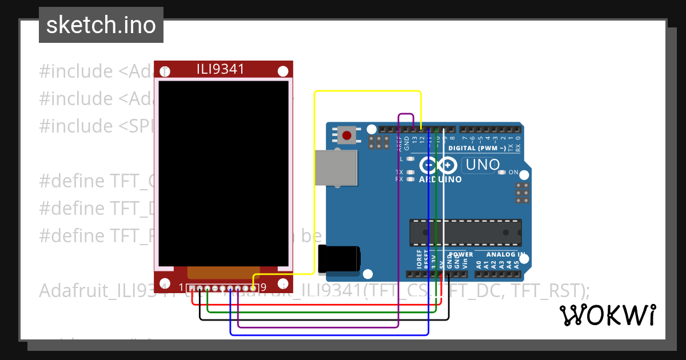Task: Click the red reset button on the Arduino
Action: [x=346, y=135]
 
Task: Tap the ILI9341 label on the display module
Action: [x=221, y=69]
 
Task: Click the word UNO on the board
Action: [x=483, y=165]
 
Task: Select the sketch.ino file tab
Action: [x=101, y=25]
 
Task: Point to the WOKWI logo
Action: [x=607, y=315]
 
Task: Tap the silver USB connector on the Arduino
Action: [x=337, y=168]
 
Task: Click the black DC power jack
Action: [x=340, y=258]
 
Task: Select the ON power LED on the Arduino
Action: [x=502, y=172]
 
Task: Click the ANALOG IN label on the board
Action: [x=505, y=254]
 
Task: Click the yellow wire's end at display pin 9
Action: [x=253, y=288]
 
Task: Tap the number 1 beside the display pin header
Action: [x=182, y=287]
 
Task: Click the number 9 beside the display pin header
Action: [x=264, y=287]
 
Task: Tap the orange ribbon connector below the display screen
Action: [x=224, y=273]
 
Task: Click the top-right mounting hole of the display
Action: [x=282, y=71]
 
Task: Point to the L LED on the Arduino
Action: [x=410, y=158]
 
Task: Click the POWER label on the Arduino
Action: [x=461, y=254]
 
